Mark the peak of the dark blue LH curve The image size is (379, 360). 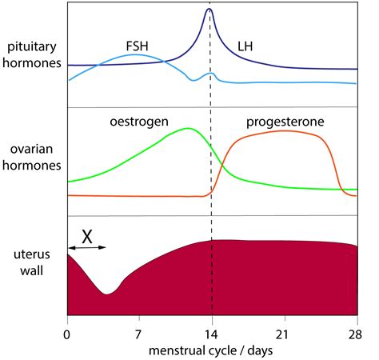point(209,9)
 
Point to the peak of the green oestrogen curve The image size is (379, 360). point(187,128)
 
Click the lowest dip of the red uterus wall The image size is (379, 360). point(106,294)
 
